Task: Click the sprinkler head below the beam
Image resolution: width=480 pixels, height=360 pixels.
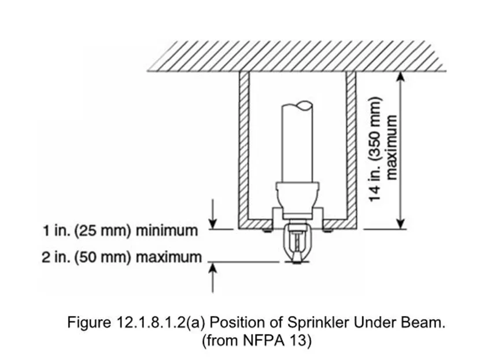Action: click(x=297, y=246)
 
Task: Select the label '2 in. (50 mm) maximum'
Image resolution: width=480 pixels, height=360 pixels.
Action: click(x=122, y=256)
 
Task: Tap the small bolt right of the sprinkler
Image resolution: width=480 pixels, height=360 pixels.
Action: click(x=329, y=231)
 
